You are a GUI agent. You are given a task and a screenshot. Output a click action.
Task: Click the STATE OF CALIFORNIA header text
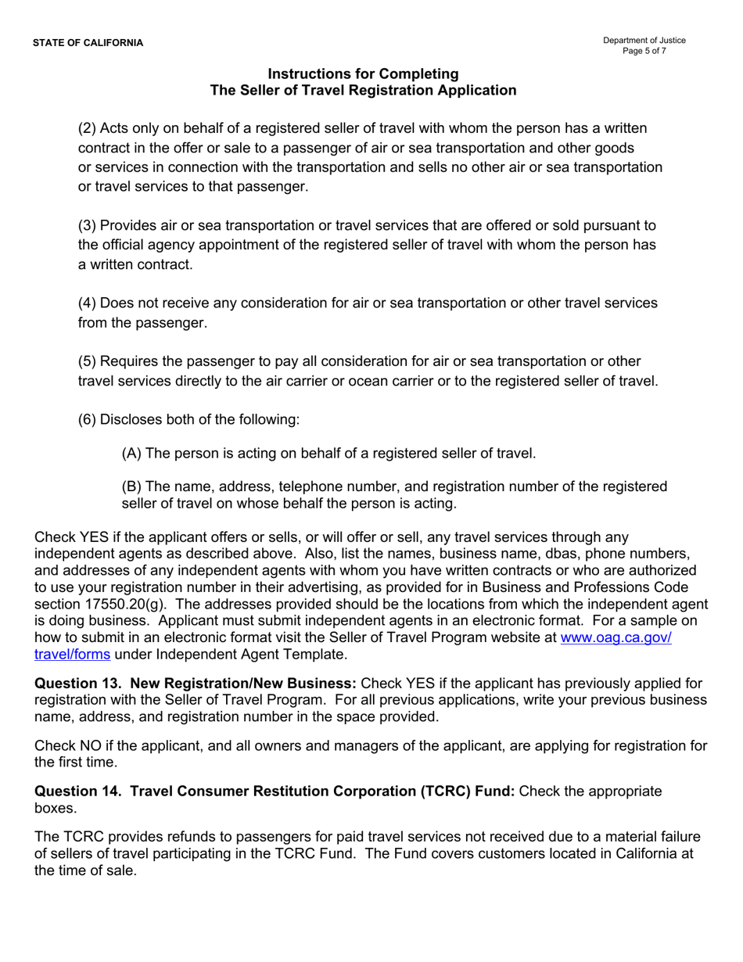(x=88, y=42)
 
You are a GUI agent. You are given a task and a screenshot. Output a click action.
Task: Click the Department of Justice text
(x=644, y=41)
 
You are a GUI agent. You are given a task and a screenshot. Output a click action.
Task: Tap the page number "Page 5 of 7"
(x=644, y=52)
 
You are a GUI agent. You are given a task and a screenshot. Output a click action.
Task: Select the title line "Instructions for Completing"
(x=363, y=74)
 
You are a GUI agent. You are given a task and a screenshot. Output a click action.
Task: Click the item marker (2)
(x=87, y=128)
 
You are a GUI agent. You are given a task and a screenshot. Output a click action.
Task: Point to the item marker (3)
(x=87, y=225)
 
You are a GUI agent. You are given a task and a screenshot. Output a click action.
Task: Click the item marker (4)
(x=87, y=303)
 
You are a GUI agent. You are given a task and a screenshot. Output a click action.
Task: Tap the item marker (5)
(x=87, y=361)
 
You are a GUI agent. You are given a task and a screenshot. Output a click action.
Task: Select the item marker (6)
(x=87, y=419)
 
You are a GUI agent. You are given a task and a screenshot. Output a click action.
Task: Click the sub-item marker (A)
(x=131, y=453)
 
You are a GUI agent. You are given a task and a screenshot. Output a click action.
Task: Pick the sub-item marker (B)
(x=131, y=486)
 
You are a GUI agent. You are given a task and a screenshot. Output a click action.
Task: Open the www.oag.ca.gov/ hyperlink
(x=616, y=637)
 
